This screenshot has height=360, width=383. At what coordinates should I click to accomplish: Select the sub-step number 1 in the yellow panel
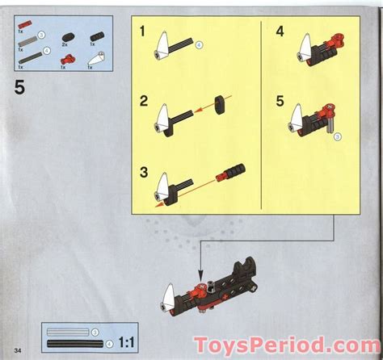click(142, 33)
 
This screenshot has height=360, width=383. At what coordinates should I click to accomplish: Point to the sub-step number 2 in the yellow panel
click(142, 101)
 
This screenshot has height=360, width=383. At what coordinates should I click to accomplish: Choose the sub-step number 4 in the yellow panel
click(279, 33)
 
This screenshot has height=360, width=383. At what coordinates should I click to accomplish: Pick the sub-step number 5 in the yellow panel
click(279, 101)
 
